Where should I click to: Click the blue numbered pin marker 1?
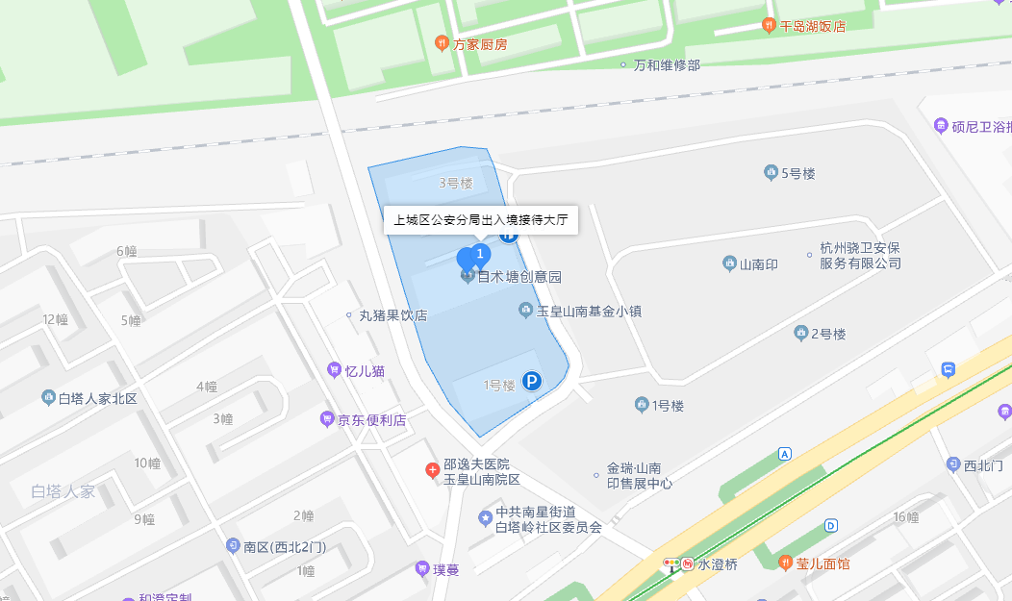[480, 255]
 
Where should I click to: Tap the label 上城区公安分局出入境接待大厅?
[481, 220]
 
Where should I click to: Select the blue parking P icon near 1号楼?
[531, 383]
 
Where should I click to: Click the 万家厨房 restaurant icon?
[442, 42]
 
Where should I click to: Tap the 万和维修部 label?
[667, 64]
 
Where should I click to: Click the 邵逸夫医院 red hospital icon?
[433, 470]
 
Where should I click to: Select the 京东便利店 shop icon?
[327, 419]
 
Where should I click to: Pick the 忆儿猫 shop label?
[365, 370]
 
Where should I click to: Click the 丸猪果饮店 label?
[392, 314]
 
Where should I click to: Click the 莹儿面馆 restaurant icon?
[786, 563]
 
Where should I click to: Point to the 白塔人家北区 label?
[98, 398]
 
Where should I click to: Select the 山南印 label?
[758, 263]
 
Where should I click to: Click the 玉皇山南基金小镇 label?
[589, 311]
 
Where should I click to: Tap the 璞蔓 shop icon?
[422, 568]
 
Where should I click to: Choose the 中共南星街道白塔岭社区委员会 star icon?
[485, 518]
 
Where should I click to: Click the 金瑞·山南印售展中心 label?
[639, 477]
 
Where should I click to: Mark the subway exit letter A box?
[785, 453]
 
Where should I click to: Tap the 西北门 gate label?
[984, 465]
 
